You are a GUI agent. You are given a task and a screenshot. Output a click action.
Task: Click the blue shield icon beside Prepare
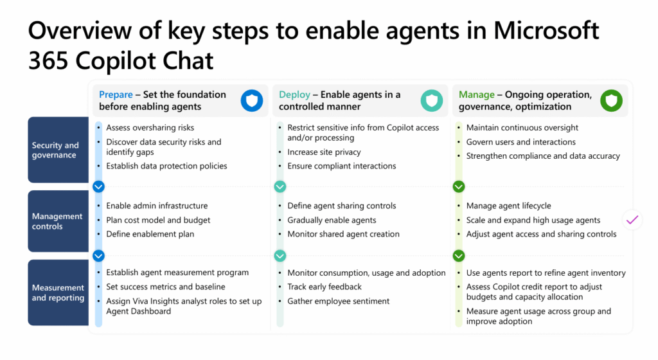(x=252, y=101)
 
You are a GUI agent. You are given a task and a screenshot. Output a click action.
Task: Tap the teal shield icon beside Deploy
(x=431, y=101)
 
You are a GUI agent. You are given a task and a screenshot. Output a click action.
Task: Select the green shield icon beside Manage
(x=611, y=101)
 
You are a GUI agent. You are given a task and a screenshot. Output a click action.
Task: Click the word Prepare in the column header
(x=116, y=94)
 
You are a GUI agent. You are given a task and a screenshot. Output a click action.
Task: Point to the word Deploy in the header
(x=294, y=94)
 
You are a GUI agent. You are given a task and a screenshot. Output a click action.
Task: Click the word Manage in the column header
(x=477, y=94)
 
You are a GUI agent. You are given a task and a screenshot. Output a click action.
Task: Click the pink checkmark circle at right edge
(x=632, y=220)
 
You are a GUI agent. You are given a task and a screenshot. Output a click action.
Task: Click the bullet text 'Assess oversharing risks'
(x=150, y=127)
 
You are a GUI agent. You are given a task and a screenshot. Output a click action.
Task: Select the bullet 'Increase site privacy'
(x=324, y=152)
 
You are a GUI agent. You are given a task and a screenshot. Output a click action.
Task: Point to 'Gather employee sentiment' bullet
(x=339, y=301)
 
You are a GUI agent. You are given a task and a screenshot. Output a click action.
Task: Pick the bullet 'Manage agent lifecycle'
(x=508, y=206)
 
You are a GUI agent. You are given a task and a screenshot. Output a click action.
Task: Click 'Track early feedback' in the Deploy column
(x=325, y=287)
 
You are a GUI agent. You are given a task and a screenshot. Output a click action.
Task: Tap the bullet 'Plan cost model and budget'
(x=158, y=220)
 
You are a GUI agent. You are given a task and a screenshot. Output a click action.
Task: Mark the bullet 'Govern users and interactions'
(x=520, y=142)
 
